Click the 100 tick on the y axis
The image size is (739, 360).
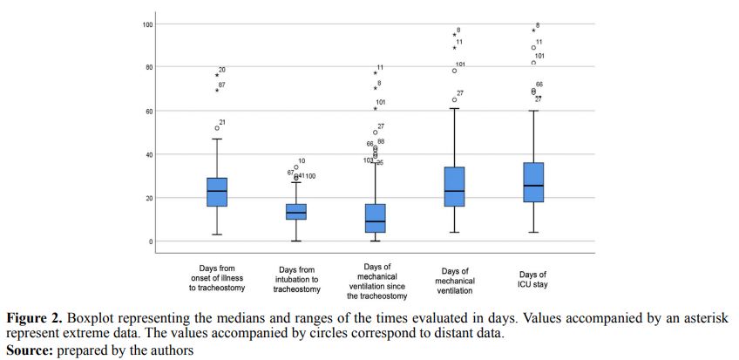(148, 24)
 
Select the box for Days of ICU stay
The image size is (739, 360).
(533, 182)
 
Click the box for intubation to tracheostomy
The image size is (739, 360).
(296, 212)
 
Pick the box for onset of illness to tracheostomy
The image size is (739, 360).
(217, 192)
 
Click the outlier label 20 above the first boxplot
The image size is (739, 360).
(222, 70)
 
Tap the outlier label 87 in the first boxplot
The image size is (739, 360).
(222, 85)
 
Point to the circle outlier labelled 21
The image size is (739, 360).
(217, 128)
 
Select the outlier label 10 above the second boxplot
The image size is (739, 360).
(302, 161)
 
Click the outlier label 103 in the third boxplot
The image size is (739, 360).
(369, 160)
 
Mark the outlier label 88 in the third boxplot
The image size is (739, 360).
(381, 142)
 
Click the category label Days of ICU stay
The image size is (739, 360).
(532, 279)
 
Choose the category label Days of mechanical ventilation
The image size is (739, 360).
(454, 279)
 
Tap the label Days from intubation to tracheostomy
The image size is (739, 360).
(296, 279)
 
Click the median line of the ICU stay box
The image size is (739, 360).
(533, 186)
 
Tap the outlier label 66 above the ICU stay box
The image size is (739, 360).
(539, 85)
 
